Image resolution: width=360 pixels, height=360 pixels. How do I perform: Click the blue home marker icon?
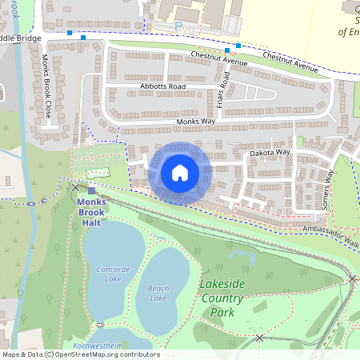coord(180,173)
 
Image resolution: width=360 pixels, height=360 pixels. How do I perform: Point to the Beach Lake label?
coord(158,293)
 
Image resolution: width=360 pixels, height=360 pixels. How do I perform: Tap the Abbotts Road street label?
coord(166,86)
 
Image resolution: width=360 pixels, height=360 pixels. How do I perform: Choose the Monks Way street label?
coord(197,121)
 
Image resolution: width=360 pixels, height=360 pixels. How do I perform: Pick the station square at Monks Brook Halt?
coord(91,190)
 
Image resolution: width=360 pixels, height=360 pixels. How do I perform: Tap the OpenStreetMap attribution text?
coord(80,354)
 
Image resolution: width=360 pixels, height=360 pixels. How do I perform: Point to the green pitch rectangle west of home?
coord(98,172)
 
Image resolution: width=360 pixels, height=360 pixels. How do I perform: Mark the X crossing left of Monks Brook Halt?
coord(76,187)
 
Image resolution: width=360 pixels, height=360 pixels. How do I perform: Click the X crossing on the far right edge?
coord(352,278)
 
